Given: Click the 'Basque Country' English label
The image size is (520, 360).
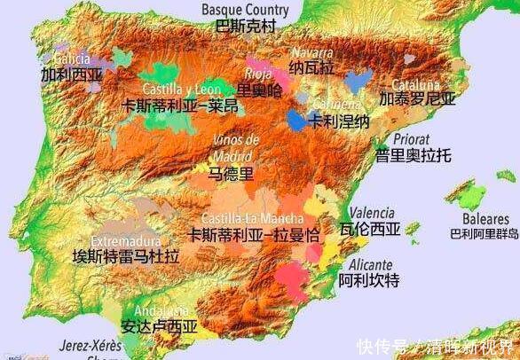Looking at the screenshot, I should [245, 10].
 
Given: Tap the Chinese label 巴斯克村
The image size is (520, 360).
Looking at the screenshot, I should [245, 26].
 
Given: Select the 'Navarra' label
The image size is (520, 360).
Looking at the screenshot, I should [311, 52].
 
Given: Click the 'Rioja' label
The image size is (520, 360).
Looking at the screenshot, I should [257, 74].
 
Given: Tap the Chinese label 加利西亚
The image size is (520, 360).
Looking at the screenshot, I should [70, 75].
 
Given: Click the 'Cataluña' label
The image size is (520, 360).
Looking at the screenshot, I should [404, 81].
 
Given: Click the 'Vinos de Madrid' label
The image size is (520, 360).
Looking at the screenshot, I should [236, 148].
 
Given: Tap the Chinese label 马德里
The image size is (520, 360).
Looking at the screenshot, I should [230, 174].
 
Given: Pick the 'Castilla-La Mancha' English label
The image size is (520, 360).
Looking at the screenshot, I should [253, 218].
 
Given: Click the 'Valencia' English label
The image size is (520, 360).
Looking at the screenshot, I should [372, 213].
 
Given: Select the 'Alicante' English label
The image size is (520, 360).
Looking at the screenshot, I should [371, 264].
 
